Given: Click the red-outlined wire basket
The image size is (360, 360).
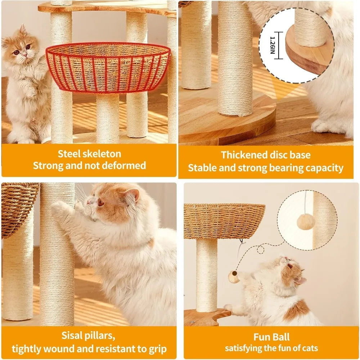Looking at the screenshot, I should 108,68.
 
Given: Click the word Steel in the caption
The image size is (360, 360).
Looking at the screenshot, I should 69,154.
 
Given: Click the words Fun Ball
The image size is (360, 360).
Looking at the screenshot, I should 271,337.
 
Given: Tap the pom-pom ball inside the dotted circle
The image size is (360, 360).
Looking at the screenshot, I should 306,222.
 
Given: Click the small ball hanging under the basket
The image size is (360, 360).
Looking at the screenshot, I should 234,276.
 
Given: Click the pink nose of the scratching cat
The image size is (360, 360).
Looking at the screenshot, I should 89,203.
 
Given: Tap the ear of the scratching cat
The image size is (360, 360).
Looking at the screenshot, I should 132,196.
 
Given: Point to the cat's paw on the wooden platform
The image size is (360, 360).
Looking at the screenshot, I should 228,308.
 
